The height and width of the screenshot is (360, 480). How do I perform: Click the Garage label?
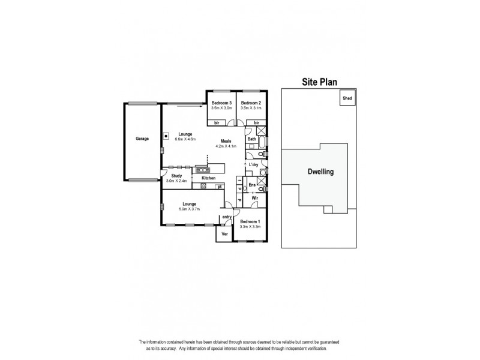pyautogui.click(x=142, y=139)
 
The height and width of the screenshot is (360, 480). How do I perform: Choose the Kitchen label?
pyautogui.click(x=208, y=178)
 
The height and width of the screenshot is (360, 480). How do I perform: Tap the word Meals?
pyautogui.click(x=226, y=142)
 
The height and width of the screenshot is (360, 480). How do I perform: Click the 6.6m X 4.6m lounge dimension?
pyautogui.click(x=185, y=139)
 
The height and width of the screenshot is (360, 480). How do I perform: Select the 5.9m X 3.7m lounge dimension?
pyautogui.click(x=190, y=209)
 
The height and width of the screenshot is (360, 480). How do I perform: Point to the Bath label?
pyautogui.click(x=252, y=139)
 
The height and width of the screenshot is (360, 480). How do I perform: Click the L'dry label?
pyautogui.click(x=253, y=164)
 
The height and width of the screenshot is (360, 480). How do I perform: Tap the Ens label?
pyautogui.click(x=252, y=185)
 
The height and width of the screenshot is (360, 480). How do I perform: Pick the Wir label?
pyautogui.click(x=254, y=197)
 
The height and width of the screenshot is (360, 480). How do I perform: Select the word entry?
pyautogui.click(x=227, y=217)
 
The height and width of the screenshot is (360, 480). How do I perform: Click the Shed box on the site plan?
pyautogui.click(x=347, y=98)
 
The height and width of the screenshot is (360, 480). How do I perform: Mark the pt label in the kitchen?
pyautogui.click(x=220, y=187)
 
